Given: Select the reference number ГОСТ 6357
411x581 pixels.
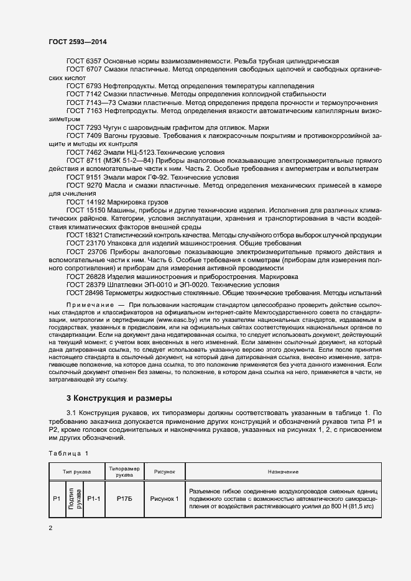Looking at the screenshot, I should [x=83, y=61].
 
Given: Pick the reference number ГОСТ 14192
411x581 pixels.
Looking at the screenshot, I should [x=85, y=202].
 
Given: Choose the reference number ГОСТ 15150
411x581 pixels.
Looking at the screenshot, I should [x=85, y=211].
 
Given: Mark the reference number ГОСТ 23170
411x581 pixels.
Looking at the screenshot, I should [x=85, y=244].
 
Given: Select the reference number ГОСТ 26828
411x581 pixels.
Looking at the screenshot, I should [x=85, y=276].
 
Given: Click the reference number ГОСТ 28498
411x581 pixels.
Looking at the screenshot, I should [x=85, y=292].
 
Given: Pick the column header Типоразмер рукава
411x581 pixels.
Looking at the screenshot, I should [x=125, y=472].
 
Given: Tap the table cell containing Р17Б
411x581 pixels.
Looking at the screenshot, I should [x=125, y=498].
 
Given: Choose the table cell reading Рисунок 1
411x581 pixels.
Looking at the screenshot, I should [x=164, y=498].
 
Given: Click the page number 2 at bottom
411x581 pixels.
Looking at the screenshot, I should [x=50, y=528].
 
